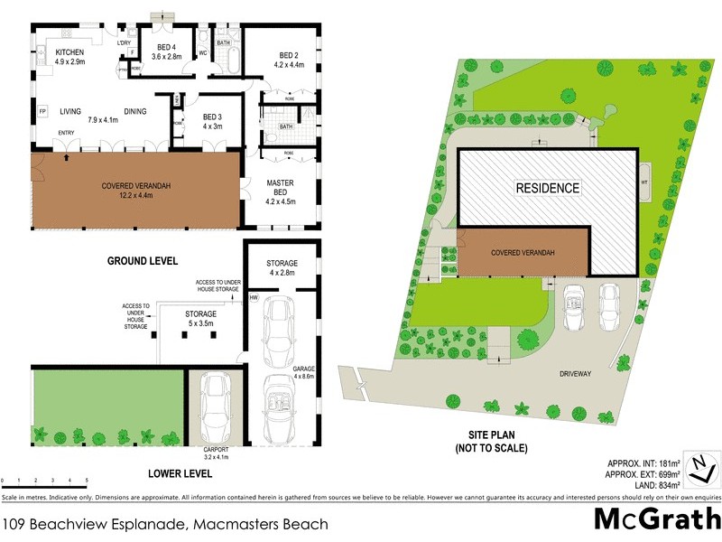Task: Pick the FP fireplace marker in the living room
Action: pyautogui.click(x=42, y=112)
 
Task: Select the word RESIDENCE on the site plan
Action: pyautogui.click(x=547, y=189)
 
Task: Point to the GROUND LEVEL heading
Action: pyautogui.click(x=143, y=261)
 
